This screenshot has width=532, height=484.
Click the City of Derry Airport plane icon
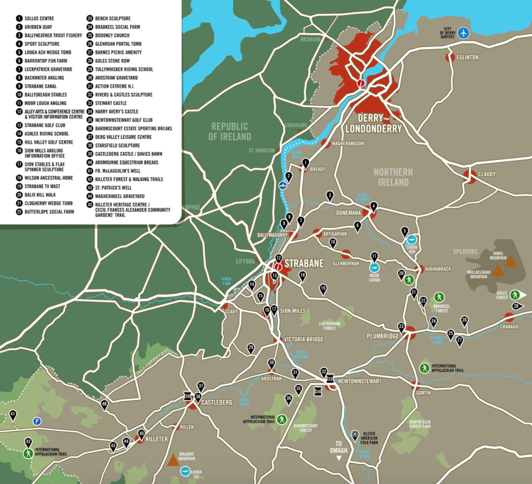coord(463,33)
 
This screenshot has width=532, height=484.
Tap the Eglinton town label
coord(467,58)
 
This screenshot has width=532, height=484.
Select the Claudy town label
coord(486,174)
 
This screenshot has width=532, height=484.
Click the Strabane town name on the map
coord(304,264)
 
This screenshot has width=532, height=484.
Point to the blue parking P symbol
coord(37,421)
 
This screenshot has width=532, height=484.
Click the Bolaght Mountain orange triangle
coord(173,460)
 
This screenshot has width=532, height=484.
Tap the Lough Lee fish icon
coord(185,471)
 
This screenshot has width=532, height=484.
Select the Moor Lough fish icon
coord(375,268)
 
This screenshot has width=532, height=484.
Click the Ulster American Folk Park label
coord(369,438)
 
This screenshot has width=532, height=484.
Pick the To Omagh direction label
coord(338,447)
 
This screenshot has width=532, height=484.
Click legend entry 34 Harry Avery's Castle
coord(116,112)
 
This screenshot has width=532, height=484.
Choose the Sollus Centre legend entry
coord(39,19)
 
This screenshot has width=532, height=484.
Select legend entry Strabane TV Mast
coord(42,186)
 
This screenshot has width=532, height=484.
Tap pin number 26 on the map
coord(465,321)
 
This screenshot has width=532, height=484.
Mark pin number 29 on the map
coord(251,348)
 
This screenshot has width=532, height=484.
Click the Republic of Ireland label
coord(229,131)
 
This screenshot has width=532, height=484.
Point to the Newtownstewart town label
coord(359,381)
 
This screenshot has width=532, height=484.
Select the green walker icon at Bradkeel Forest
coord(439,297)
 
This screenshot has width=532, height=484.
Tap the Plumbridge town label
coord(382,336)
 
